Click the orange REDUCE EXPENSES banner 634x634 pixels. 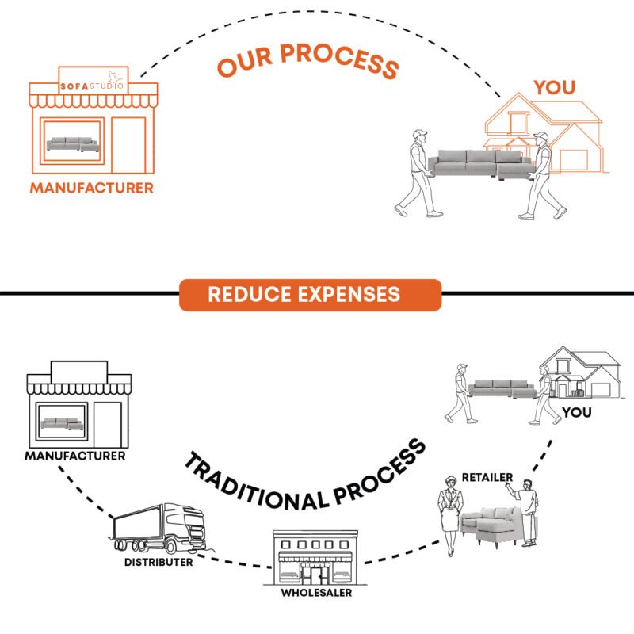point(310,295)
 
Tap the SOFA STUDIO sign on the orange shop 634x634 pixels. point(94,81)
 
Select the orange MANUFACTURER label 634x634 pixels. point(92,188)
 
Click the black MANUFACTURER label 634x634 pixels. point(75,456)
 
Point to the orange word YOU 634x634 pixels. point(554,88)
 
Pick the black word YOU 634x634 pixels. point(577,412)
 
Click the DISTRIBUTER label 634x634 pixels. point(158,562)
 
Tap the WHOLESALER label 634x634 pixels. point(316,593)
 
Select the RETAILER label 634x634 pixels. point(487,478)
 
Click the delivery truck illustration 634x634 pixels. point(160,529)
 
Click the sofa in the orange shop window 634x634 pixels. point(73,144)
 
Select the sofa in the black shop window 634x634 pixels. point(62,424)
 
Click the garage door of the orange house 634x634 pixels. point(574,161)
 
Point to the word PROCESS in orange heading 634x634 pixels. point(339,60)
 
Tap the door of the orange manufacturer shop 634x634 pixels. point(128,145)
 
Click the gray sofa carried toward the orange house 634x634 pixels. point(481,163)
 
